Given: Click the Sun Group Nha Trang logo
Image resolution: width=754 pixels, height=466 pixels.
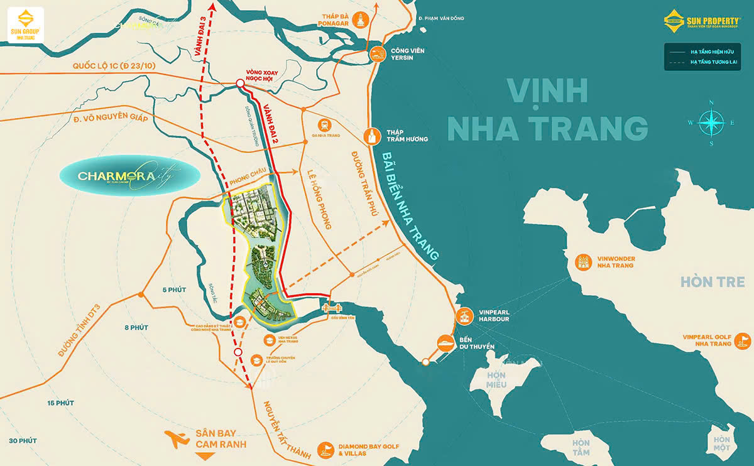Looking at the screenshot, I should (x=26, y=25).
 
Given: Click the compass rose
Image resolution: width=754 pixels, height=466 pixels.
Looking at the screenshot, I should (x=711, y=122).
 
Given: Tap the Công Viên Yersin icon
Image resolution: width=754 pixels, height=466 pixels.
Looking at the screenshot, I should (x=377, y=53).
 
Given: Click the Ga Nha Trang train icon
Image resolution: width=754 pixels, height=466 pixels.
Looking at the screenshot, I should (x=325, y=125).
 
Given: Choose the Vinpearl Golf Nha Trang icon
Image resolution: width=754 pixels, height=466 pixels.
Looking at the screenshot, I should (x=743, y=340).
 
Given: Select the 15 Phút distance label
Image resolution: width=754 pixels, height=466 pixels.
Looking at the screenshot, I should (x=60, y=403).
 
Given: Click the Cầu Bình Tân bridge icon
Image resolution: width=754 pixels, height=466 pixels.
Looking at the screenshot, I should (x=331, y=308).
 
